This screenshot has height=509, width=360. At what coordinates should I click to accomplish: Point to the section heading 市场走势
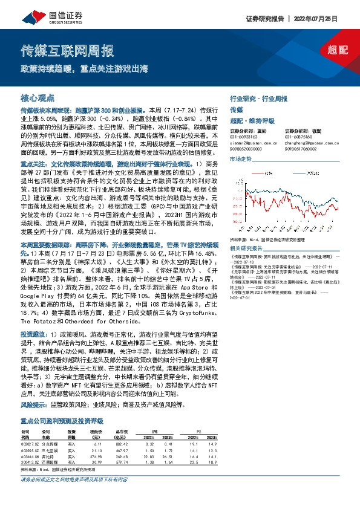240,158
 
